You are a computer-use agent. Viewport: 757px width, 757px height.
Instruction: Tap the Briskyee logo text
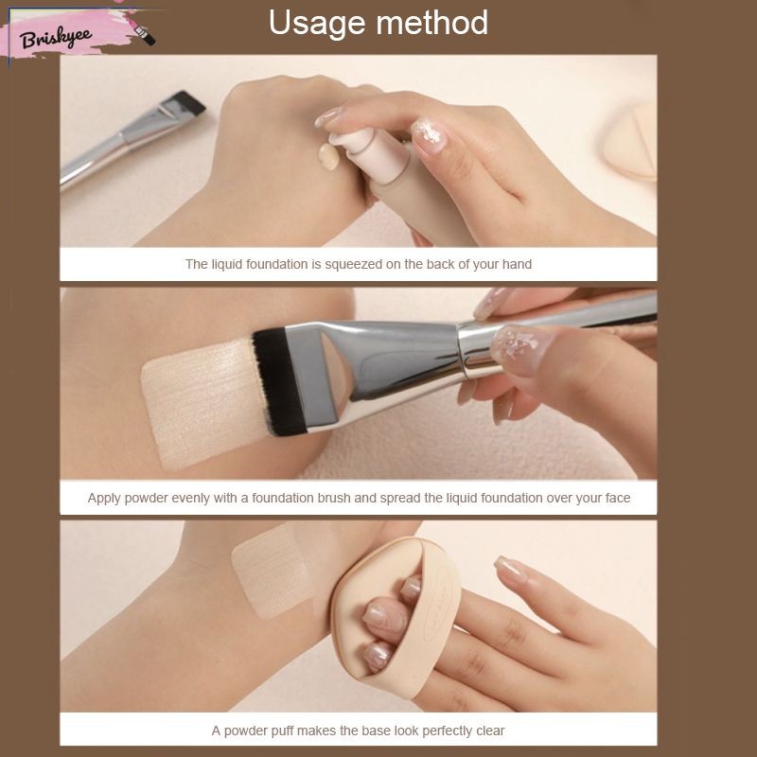click(56, 38)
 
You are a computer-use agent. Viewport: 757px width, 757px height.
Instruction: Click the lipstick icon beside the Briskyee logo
click(144, 34)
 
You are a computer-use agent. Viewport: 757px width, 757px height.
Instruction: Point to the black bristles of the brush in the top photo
click(188, 100)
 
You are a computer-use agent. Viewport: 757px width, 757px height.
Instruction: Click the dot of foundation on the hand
click(328, 157)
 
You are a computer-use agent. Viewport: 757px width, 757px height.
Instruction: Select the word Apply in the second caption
click(104, 499)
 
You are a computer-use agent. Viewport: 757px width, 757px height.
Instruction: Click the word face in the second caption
click(618, 498)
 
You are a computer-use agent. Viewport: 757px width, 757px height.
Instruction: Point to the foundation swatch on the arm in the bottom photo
click(273, 571)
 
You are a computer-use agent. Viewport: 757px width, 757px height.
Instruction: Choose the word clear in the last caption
click(490, 731)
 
